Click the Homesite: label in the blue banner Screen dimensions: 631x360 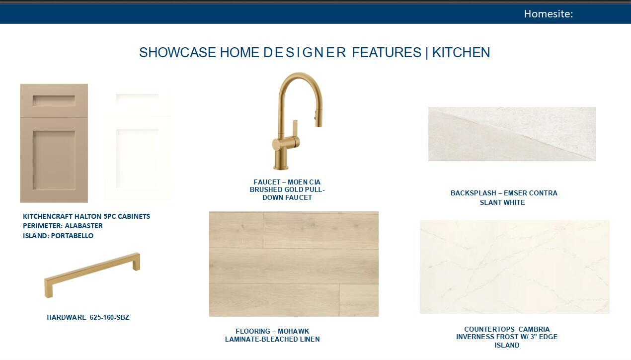549,14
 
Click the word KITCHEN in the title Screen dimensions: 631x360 461,52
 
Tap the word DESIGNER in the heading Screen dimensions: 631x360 305,52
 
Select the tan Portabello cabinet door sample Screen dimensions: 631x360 54,143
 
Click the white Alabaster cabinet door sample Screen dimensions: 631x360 138,144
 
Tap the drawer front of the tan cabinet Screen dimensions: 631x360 54,100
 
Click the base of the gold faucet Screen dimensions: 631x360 281,160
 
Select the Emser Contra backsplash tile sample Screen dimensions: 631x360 512,134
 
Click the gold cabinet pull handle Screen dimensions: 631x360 92,275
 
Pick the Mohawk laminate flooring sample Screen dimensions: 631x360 294,264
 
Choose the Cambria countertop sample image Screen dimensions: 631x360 515,267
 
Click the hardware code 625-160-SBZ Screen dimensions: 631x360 109,317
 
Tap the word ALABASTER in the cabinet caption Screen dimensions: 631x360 83,226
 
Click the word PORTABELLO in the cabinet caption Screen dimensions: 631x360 72,236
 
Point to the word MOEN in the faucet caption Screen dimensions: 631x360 296,182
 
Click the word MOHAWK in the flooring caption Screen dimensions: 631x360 293,331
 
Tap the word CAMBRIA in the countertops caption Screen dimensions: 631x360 534,329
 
